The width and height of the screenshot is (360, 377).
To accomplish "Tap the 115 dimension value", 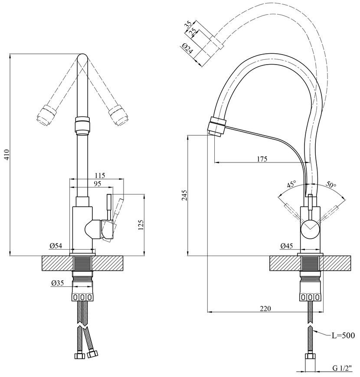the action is pyautogui.click(x=100, y=175).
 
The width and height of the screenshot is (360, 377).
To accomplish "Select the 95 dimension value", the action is pyautogui.click(x=97, y=184).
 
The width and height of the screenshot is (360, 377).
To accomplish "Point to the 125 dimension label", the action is pyautogui.click(x=141, y=225).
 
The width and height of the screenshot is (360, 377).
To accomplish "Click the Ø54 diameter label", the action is pyautogui.click(x=56, y=246).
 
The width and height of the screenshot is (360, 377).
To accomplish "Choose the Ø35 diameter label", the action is pyautogui.click(x=57, y=283).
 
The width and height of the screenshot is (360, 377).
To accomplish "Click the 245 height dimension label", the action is pyautogui.click(x=184, y=195).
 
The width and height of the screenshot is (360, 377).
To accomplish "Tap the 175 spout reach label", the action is pyautogui.click(x=262, y=159).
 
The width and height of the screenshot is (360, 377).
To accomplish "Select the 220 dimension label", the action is pyautogui.click(x=265, y=309).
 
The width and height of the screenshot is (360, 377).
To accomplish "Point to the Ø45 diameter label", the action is pyautogui.click(x=287, y=246).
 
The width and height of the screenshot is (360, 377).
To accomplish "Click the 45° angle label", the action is pyautogui.click(x=291, y=185).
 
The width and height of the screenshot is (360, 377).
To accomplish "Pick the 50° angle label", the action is pyautogui.click(x=331, y=185).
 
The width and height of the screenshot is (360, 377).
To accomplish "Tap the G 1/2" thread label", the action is pyautogui.click(x=342, y=368).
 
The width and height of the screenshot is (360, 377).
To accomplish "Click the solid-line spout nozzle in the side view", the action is pyautogui.click(x=216, y=127).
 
